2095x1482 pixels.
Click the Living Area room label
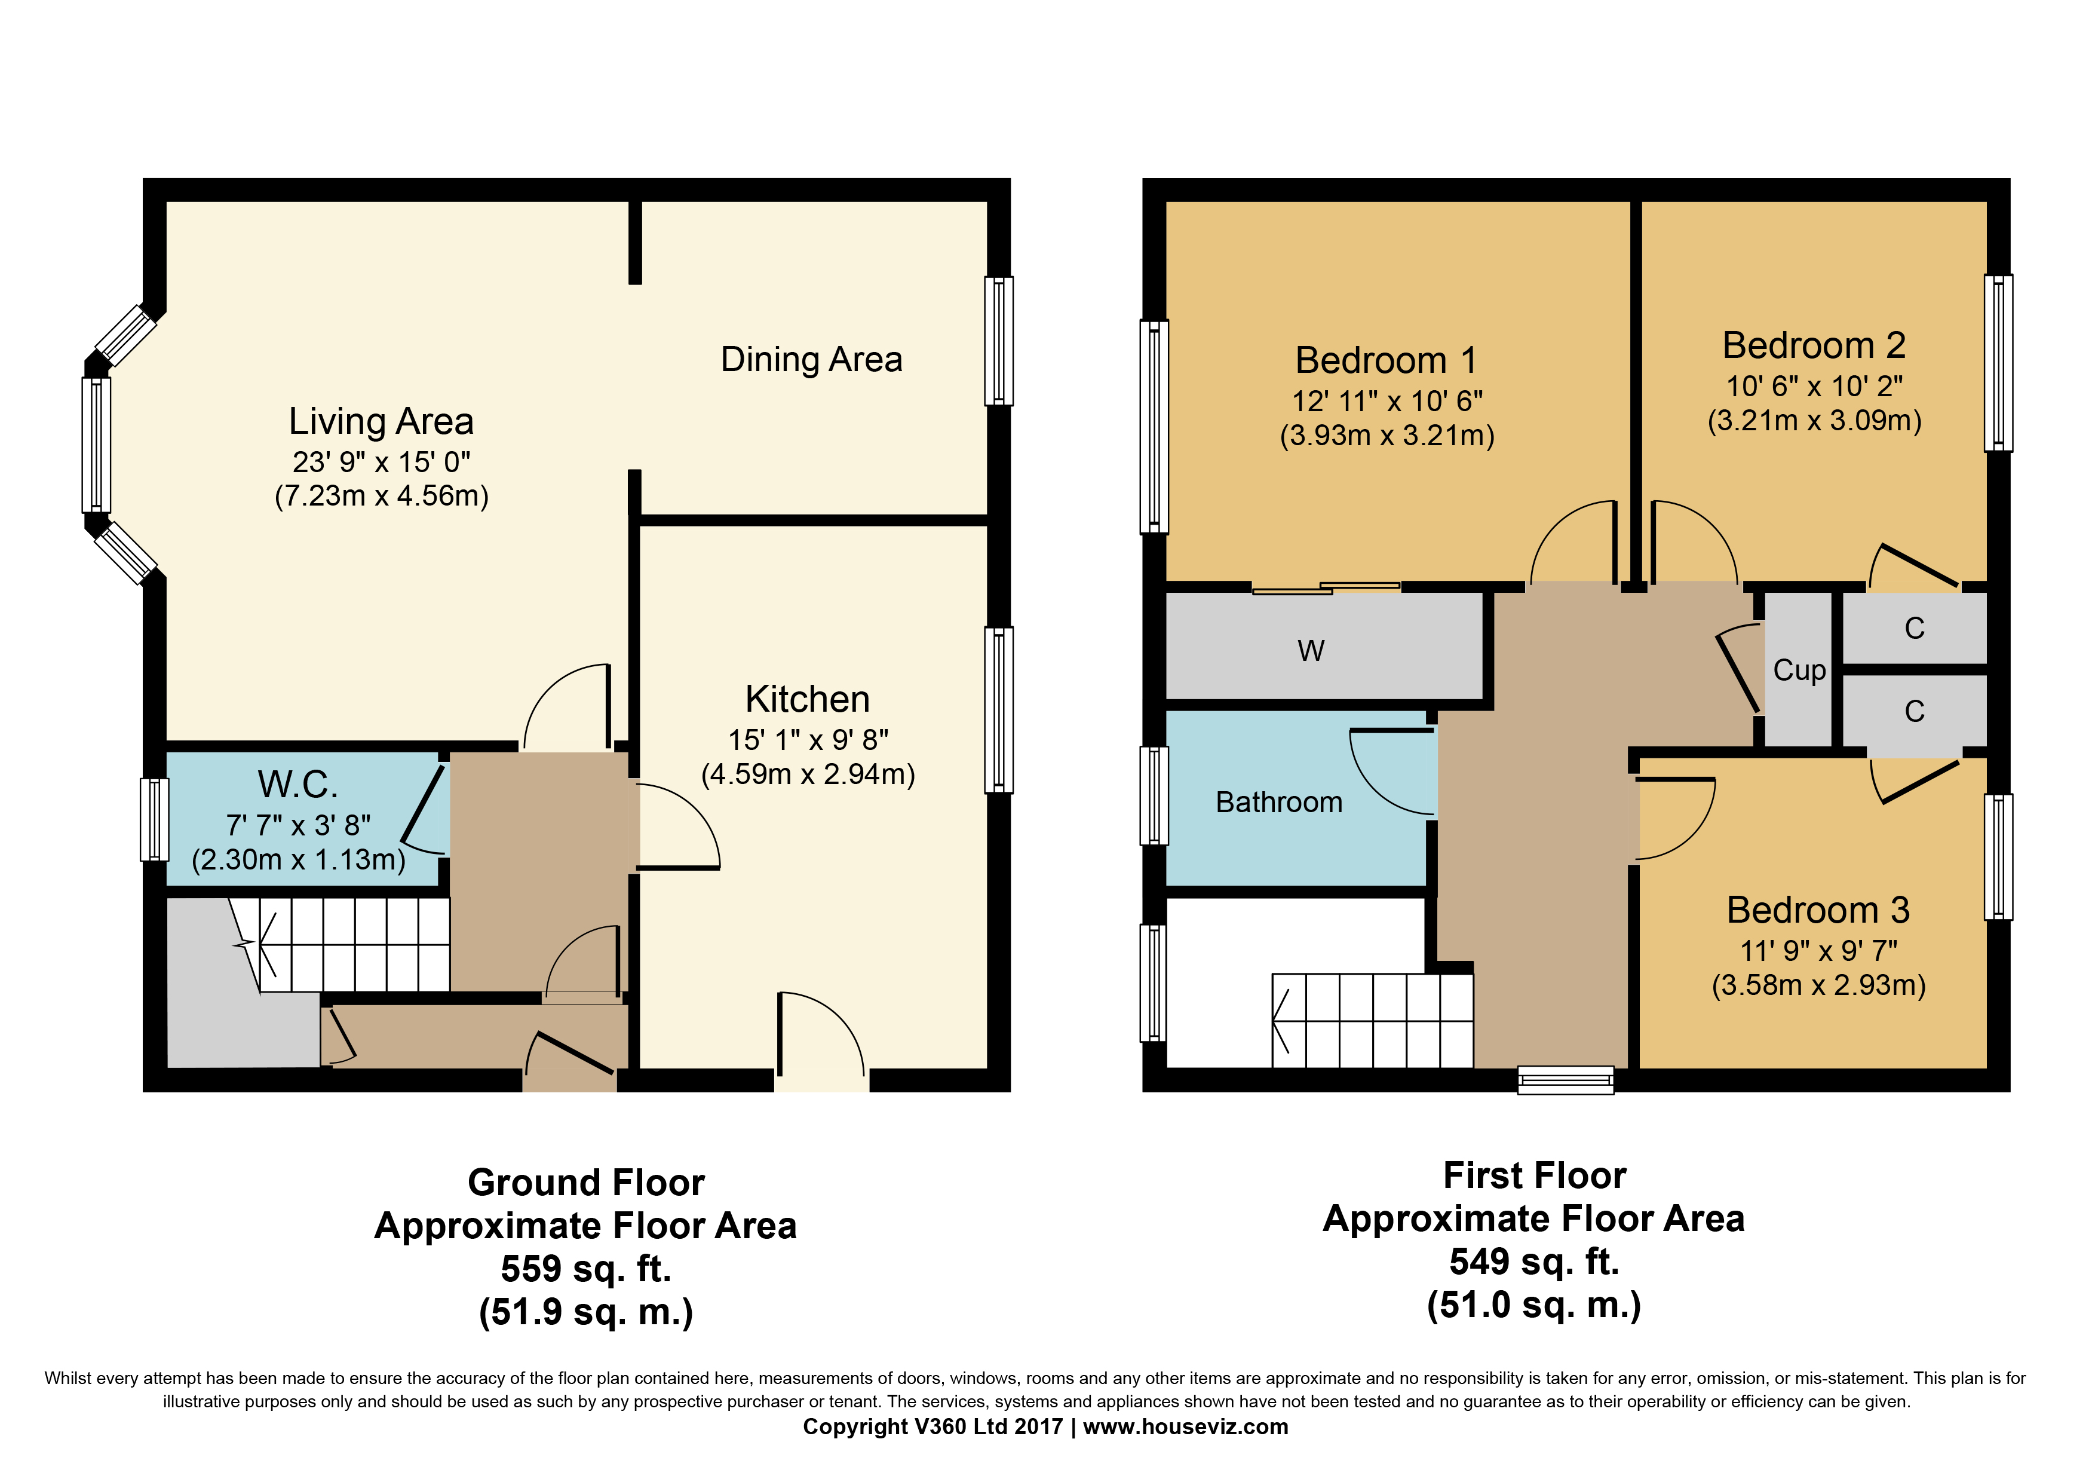(x=381, y=422)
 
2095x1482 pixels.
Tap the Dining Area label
(x=811, y=360)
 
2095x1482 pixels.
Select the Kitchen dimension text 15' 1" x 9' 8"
(x=808, y=739)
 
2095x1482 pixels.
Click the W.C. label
(x=298, y=784)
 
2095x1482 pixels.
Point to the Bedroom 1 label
(x=1386, y=360)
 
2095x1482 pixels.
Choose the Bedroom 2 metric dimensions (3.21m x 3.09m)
(x=1814, y=421)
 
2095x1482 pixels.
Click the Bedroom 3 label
(x=1818, y=910)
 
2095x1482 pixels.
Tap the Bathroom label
(x=1278, y=802)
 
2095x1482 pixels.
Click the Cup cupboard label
(x=1799, y=670)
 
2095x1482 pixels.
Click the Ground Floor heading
(x=586, y=1183)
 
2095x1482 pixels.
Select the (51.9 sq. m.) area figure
(x=586, y=1312)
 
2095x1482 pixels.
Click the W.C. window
(x=154, y=819)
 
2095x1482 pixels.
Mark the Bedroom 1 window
(x=1154, y=425)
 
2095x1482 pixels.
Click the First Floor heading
(x=1534, y=1175)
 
